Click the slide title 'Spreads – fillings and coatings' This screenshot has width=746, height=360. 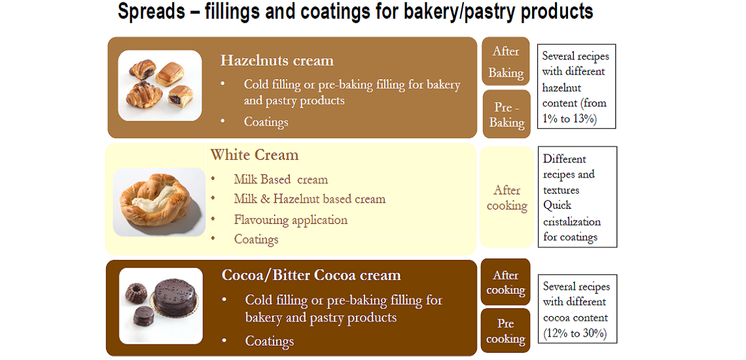coord(355,12)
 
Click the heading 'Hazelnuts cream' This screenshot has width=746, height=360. coord(277,61)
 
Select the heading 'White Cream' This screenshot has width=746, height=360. coord(254,155)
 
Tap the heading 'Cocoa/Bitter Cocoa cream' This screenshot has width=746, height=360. coord(311,275)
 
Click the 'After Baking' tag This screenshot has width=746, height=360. coord(506,62)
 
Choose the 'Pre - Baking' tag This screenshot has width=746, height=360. coord(506,115)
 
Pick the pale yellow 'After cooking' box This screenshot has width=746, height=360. coord(507,198)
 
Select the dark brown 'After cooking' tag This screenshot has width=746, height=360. coord(506,282)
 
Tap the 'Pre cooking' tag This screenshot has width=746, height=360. coord(506,331)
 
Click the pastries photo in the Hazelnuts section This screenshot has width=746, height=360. coord(160,86)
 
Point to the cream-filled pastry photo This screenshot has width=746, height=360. coord(159,202)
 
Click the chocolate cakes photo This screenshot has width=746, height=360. coord(161,306)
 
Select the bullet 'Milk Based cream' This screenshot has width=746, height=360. coord(281,179)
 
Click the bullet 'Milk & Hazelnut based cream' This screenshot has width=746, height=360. coord(310,199)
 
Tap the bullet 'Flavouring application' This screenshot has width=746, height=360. coord(291,220)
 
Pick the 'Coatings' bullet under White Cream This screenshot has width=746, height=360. coord(256,240)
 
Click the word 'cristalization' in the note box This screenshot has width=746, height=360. coord(572,221)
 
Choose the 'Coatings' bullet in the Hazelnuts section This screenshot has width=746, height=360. coord(266,122)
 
